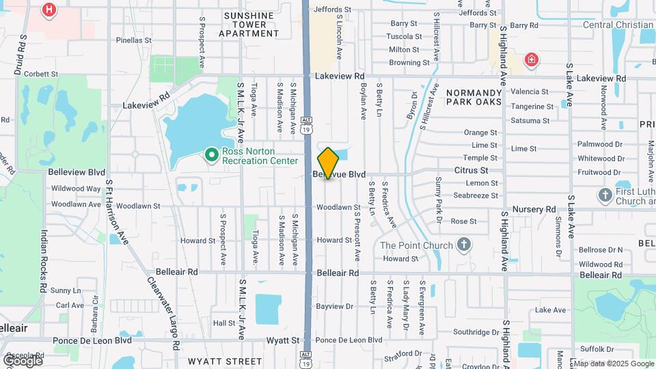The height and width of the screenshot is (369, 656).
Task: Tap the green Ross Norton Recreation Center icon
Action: click(212, 156)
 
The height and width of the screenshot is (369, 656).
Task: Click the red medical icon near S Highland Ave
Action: click(531, 61)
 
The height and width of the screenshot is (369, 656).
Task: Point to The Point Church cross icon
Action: click(464, 245)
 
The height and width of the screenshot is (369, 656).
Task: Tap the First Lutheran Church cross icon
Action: click(605, 195)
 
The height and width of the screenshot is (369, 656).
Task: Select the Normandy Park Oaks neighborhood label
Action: click(474, 97)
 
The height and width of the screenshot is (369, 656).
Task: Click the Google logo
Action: click(22, 360)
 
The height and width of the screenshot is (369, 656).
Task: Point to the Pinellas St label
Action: click(133, 40)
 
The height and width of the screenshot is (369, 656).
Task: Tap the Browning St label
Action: click(409, 63)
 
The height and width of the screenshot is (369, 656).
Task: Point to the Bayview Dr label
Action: click(335, 306)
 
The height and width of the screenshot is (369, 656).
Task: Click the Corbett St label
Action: click(42, 73)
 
